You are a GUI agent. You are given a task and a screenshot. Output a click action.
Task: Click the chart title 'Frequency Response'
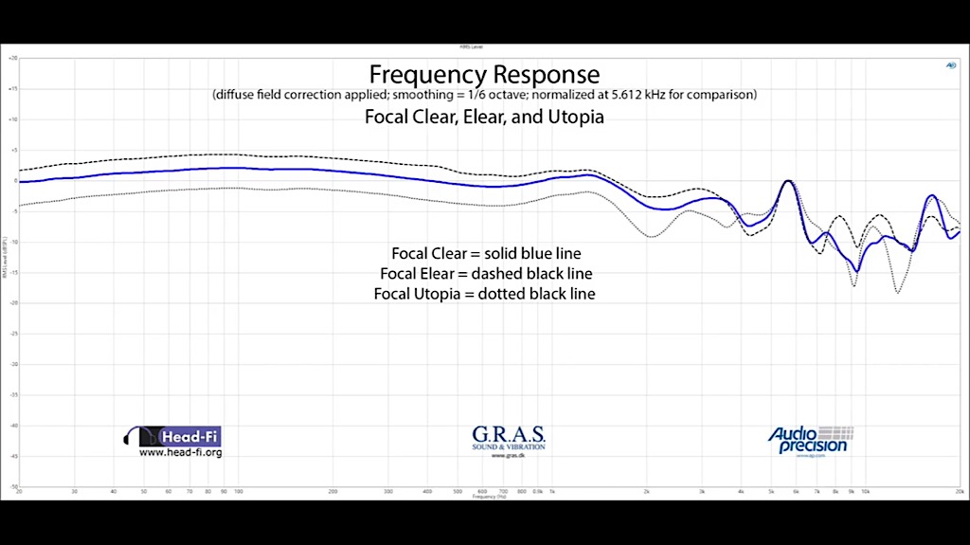484,74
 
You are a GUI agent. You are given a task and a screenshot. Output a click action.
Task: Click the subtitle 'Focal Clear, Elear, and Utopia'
484,118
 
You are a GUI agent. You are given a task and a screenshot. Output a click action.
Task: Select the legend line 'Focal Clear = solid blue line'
485,254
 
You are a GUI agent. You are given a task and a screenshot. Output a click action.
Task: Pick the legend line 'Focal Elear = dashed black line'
485,274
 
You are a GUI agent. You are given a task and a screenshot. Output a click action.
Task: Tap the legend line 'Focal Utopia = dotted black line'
485,294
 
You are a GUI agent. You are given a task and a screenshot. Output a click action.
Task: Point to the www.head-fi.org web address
180,453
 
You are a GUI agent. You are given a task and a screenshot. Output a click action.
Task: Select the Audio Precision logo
810,439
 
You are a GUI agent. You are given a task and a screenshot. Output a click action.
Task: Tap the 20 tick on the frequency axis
19,493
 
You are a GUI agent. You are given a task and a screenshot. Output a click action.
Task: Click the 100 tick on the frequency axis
239,493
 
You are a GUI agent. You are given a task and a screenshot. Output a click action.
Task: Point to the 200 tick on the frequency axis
333,493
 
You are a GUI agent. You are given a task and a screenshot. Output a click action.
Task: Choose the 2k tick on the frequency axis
647,493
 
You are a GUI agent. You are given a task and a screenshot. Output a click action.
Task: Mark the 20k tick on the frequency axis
960,493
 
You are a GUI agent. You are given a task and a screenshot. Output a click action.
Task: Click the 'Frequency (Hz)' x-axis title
484,498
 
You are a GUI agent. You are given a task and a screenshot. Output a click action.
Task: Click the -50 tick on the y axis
13,487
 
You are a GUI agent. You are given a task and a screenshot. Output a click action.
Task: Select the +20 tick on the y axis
13,59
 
